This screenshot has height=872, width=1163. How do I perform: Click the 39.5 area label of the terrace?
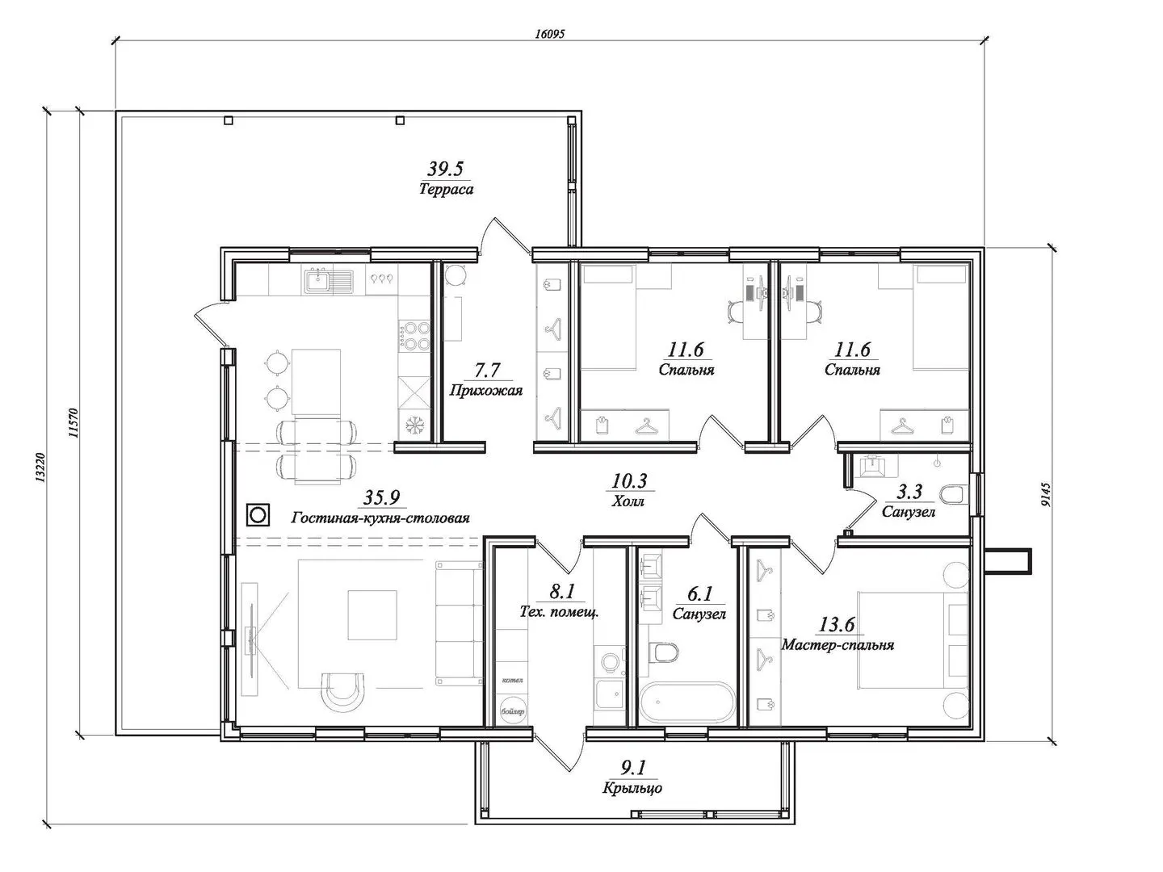point(445,169)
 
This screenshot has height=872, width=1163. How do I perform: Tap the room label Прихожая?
point(485,391)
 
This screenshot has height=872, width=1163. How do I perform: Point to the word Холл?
point(628,501)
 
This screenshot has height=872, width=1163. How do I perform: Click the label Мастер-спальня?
point(838,645)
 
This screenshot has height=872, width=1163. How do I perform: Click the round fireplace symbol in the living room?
point(258,514)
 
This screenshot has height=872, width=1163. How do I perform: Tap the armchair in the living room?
point(346,690)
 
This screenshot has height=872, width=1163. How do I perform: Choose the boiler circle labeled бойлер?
point(512,712)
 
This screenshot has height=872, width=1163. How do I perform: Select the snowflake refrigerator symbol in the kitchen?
point(416,424)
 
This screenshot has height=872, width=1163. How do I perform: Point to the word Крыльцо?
point(632,788)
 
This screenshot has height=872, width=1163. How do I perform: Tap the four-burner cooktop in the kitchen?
point(416,336)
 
